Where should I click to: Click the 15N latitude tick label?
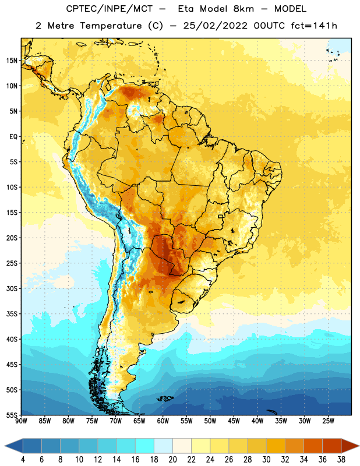pos(12,61)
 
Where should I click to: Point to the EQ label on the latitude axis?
pos(13,137)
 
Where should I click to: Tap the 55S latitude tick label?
pos(12,415)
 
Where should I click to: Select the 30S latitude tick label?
pos(12,288)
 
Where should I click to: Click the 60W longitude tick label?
pos(163,421)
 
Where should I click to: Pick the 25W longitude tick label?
pos(328,421)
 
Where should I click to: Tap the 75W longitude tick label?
pos(92,421)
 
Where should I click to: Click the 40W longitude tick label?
pos(257,421)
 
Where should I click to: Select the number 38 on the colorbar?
pos(341,460)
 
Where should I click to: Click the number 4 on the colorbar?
pos(23,460)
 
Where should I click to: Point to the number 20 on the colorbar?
pos(172,460)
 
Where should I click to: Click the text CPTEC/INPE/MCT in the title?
pos(110,9)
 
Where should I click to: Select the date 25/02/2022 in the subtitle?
pos(215,26)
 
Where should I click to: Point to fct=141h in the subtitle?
pos(314,26)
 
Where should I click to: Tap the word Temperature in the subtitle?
pos(111,26)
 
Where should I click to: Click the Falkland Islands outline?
pos(165,398)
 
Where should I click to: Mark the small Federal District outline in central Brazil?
pos(221,217)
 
